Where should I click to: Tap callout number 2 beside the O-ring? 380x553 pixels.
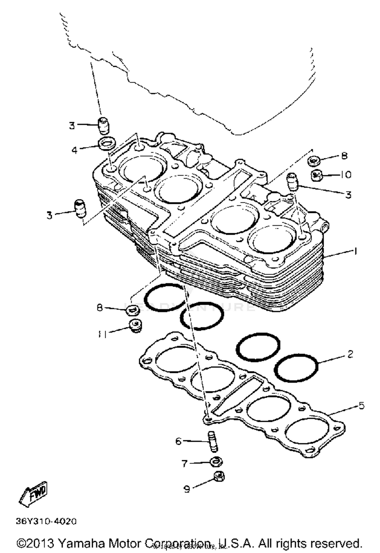click(350, 354)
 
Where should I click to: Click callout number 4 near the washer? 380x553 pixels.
click(74, 150)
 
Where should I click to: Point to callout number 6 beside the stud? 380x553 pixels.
click(178, 441)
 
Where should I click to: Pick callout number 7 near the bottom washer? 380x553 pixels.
click(185, 463)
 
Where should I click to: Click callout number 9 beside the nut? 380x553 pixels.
click(187, 489)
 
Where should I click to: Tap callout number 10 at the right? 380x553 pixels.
click(346, 175)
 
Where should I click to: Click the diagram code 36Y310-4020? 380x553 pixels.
click(46, 522)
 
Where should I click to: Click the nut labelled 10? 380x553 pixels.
click(317, 175)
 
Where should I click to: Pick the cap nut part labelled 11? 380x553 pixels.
click(136, 326)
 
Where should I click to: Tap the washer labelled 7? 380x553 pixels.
click(216, 461)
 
